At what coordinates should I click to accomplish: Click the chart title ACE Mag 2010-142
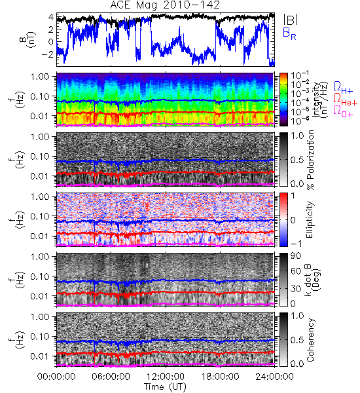click(x=165, y=5)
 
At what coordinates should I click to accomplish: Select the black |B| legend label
click(x=291, y=20)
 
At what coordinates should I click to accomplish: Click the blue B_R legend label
click(x=289, y=33)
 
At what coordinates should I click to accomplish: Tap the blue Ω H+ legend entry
click(x=343, y=88)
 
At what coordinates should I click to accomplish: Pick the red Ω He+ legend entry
click(x=345, y=100)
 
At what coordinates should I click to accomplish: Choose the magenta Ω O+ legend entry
click(x=343, y=111)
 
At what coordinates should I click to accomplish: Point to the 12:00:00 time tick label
click(x=166, y=377)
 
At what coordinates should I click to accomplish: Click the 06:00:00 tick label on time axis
click(x=111, y=377)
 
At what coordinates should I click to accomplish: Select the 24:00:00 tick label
click(x=274, y=377)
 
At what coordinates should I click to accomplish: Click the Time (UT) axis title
click(x=166, y=386)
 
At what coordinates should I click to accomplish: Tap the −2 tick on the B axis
click(x=48, y=54)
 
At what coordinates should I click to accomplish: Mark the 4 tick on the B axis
click(x=51, y=18)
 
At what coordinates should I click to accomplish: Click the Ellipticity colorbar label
click(x=310, y=219)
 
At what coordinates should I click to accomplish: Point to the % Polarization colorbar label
click(x=310, y=160)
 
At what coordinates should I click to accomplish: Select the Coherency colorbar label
click(x=310, y=340)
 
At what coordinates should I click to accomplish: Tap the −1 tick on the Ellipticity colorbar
click(x=296, y=243)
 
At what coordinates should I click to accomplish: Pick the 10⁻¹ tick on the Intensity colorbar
click(x=297, y=75)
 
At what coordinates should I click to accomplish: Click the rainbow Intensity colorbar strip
click(x=283, y=100)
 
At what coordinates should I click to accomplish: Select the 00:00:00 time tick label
click(x=56, y=377)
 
